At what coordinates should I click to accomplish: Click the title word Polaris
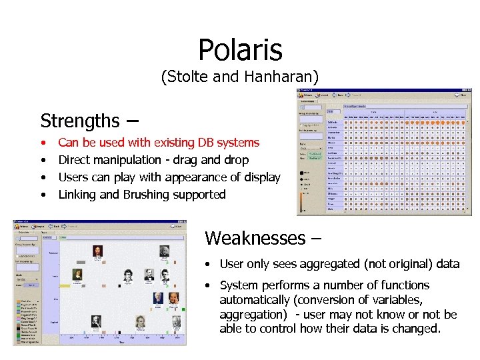tap(240, 49)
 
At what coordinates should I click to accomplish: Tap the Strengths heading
tap(79, 121)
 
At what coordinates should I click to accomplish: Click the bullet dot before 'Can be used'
tap(43, 143)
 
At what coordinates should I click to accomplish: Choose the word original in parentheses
tap(407, 264)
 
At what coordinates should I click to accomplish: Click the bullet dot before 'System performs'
tap(209, 285)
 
